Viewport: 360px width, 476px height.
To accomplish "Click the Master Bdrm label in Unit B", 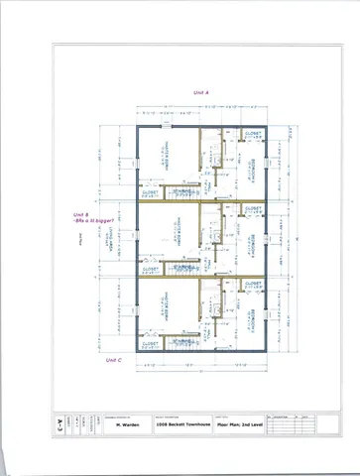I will (x=167, y=236).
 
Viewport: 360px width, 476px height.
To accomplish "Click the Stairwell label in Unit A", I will (x=183, y=191).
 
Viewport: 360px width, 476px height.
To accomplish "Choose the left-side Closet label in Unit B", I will (x=152, y=269).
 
